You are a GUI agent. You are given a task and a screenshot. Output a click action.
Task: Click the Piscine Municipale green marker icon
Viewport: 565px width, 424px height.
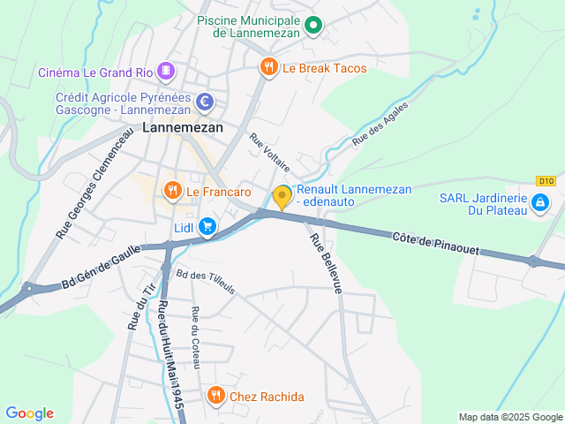tap(313, 26)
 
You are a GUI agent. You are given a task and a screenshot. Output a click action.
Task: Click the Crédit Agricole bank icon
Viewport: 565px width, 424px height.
tap(205, 102)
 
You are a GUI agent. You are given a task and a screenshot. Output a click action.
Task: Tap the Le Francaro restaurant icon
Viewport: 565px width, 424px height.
tap(172, 190)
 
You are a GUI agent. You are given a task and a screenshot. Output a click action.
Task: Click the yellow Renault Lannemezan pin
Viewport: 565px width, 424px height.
tap(282, 196)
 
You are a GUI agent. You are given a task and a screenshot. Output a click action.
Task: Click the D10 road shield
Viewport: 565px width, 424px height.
tap(546, 181)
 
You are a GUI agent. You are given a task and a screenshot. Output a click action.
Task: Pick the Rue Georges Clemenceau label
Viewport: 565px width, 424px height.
tap(94, 183)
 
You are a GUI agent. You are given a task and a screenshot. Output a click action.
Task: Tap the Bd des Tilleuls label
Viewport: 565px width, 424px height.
tap(206, 283)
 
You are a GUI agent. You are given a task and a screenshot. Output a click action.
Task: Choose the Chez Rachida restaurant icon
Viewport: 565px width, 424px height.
tap(215, 396)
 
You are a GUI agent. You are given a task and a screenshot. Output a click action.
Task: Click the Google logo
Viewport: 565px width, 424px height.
tap(29, 413)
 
